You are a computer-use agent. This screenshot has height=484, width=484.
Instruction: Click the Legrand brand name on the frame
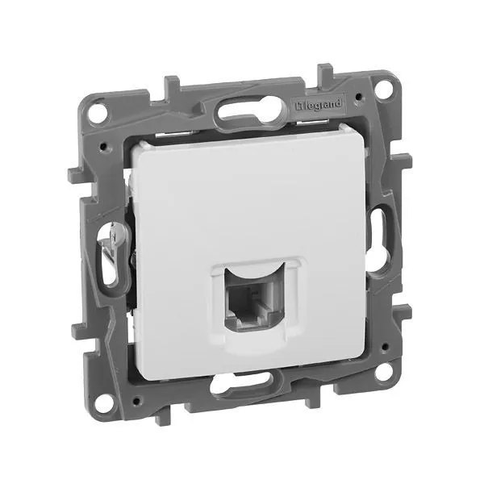tap(319, 105)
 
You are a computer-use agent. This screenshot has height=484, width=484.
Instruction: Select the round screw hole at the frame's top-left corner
tap(99, 113)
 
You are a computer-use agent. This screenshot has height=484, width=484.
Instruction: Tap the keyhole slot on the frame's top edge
tap(250, 111)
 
